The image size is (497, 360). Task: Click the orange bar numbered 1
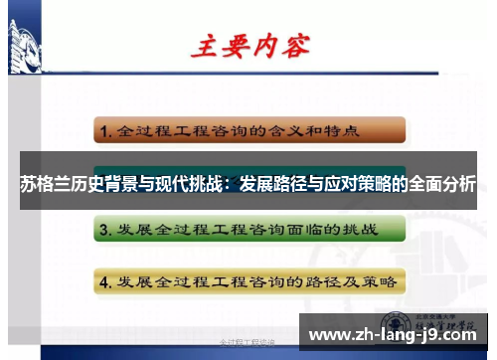249,130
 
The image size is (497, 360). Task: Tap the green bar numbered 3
249,231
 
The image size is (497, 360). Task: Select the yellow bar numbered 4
249,280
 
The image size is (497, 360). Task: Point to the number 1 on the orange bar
104,131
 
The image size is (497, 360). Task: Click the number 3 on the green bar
104,231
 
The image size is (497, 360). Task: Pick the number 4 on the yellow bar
104,280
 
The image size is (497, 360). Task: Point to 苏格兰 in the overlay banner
44,184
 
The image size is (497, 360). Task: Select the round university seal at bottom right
394,324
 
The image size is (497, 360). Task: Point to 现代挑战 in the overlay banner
183,184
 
